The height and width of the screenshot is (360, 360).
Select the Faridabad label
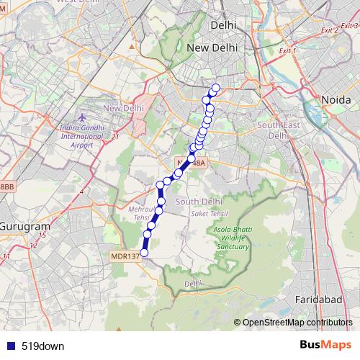coord(315,297)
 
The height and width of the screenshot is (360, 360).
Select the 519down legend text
coord(43,346)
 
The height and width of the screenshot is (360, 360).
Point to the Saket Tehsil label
coord(207,215)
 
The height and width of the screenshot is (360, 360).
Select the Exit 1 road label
coord(287,51)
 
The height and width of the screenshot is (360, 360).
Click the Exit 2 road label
coord(330,30)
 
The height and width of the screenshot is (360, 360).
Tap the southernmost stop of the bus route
coord(144,252)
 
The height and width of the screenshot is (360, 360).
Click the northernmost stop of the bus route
coord(215,88)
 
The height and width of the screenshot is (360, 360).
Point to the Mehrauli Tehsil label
coord(140,212)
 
